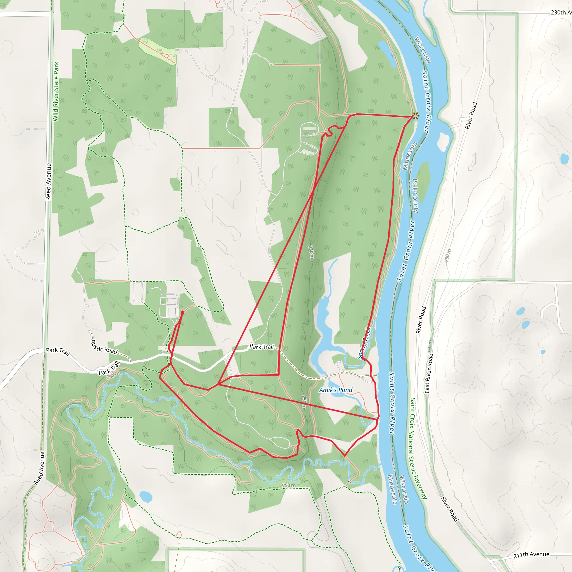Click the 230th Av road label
point(561,13)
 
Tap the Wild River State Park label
point(56,92)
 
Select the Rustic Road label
point(104,347)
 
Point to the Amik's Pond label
point(336,390)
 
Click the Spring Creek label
point(364,343)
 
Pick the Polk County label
point(415,196)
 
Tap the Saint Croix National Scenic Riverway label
point(418,448)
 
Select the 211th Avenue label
point(531,554)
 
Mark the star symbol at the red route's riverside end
point(416,116)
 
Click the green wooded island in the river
point(424,181)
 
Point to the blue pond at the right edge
point(564,159)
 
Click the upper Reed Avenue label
point(49,182)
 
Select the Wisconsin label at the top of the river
point(423,49)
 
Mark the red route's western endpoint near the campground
point(182,312)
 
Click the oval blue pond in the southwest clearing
point(146,497)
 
